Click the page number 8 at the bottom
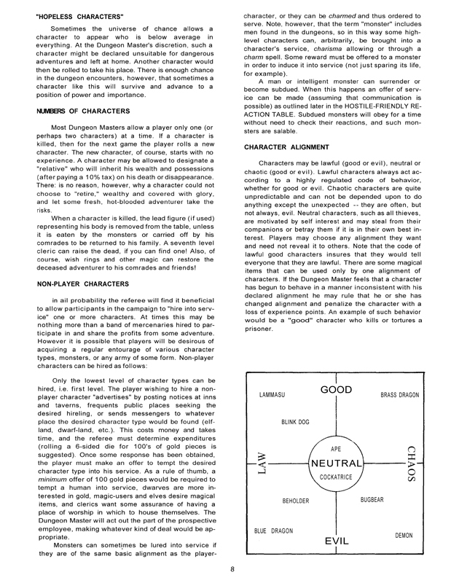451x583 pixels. (231, 569)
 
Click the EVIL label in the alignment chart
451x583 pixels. (336, 541)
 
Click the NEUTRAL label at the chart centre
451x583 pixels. (336, 463)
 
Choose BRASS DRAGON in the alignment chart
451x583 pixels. (399, 395)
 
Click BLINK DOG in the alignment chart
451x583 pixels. (294, 422)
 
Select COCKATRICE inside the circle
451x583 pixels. (336, 477)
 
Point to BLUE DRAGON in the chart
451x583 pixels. (274, 531)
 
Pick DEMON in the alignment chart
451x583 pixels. (404, 535)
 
